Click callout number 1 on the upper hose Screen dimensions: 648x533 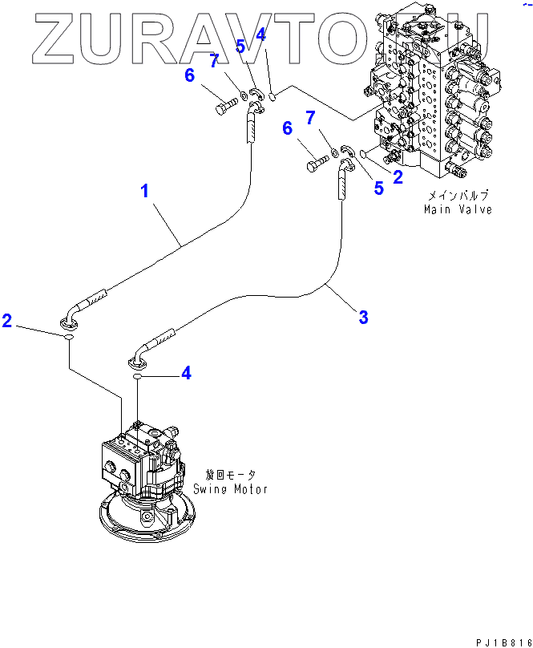point(145,191)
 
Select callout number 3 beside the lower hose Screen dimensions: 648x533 point(363,318)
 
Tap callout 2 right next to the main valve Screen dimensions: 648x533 point(398,178)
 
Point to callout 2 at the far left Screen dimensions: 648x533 point(7,321)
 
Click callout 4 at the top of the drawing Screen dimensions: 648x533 point(260,34)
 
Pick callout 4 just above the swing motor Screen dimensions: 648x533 point(186,373)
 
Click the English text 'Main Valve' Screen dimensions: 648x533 point(458,209)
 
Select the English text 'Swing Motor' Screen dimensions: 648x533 point(230,488)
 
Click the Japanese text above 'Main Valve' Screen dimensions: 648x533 point(458,196)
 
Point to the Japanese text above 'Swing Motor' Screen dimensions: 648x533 point(230,475)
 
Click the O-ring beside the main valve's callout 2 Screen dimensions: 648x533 point(365,155)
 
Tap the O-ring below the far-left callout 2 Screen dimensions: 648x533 point(70,339)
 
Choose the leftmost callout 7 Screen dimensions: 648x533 point(214,61)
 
